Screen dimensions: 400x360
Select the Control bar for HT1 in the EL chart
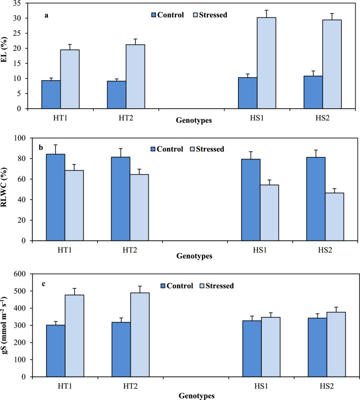pos(51,95)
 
